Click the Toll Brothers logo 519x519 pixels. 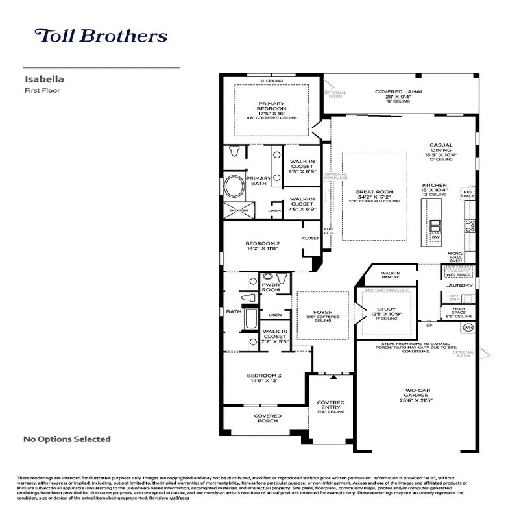pyautogui.click(x=101, y=36)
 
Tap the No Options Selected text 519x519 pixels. pyautogui.click(x=67, y=439)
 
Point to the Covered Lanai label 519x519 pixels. pyautogui.click(x=398, y=92)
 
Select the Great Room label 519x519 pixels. pyautogui.click(x=374, y=192)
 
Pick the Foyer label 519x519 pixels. pyautogui.click(x=322, y=313)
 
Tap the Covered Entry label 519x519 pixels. pyautogui.click(x=331, y=405)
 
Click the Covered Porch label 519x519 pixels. pyautogui.click(x=267, y=418)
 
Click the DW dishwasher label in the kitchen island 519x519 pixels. pyautogui.click(x=435, y=237)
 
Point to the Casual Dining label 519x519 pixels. pyautogui.click(x=441, y=150)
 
